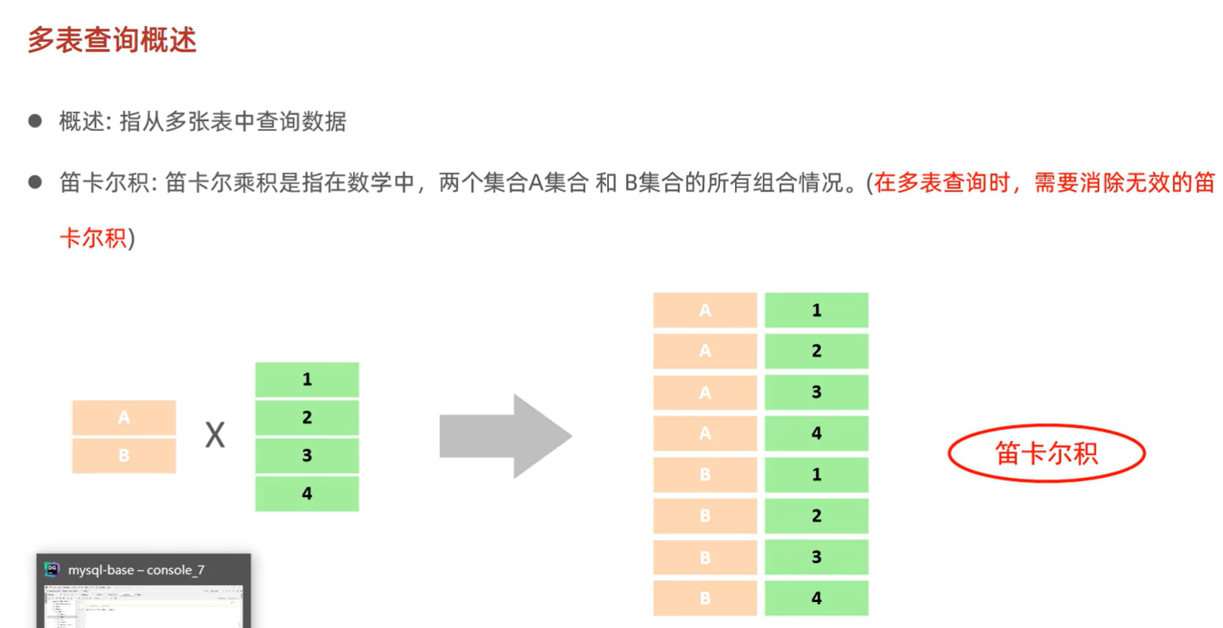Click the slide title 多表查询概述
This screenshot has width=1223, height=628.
[x=112, y=40]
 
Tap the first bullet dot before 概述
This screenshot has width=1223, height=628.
[x=34, y=121]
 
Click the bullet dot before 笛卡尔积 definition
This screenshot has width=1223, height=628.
[x=34, y=182]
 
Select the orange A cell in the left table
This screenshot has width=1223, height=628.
[x=124, y=417]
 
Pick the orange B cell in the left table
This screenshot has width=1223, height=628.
[x=124, y=456]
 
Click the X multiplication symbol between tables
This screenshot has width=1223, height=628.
[x=215, y=436]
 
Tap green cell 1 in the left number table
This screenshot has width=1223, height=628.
[x=307, y=379]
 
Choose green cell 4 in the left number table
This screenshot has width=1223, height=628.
[x=307, y=493]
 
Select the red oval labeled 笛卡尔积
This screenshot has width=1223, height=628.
[x=1046, y=453]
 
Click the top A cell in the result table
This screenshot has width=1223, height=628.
[x=705, y=310]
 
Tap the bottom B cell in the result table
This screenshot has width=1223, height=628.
[x=705, y=598]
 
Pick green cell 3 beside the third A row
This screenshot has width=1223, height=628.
[x=816, y=392]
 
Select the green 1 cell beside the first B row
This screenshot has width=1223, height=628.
[x=816, y=475]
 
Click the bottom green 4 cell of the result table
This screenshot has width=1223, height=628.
[x=816, y=598]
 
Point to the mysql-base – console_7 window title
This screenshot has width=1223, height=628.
[x=136, y=570]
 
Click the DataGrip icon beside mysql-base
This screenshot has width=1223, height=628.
[x=52, y=569]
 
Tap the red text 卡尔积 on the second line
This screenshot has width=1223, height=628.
[x=93, y=238]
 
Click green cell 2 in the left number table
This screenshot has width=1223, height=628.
[x=307, y=417]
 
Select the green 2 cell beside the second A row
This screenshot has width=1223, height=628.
[x=816, y=351]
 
